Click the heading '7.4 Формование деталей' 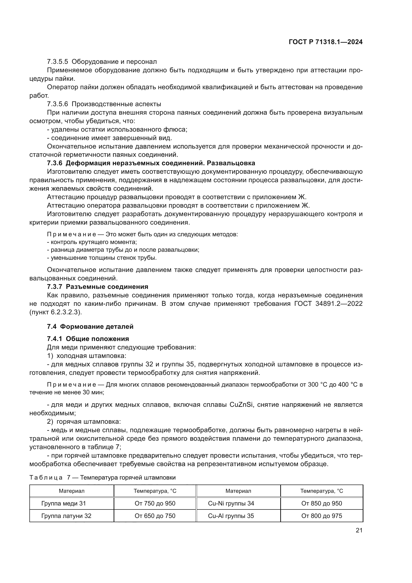pos(90,327)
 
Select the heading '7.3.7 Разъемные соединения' pos(97,287)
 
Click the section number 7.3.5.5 pos(58,62)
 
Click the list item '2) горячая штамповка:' pos(84,422)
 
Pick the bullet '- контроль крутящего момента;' pos(92,242)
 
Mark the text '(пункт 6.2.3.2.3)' pos(56,312)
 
